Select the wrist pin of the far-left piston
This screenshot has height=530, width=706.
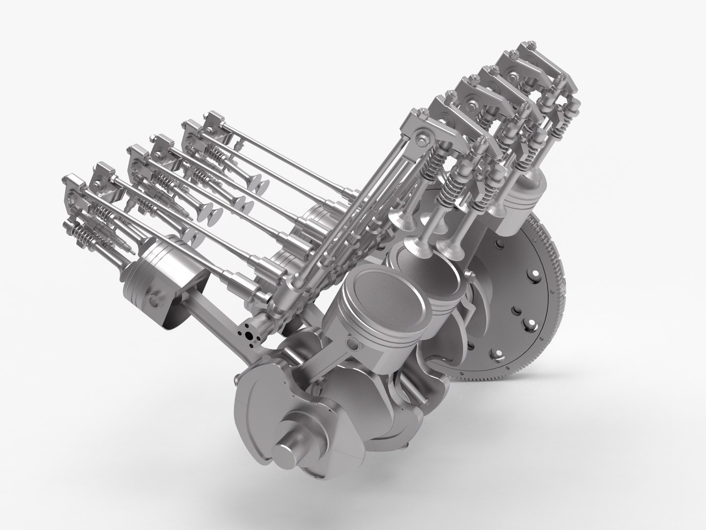coord(156,300)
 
